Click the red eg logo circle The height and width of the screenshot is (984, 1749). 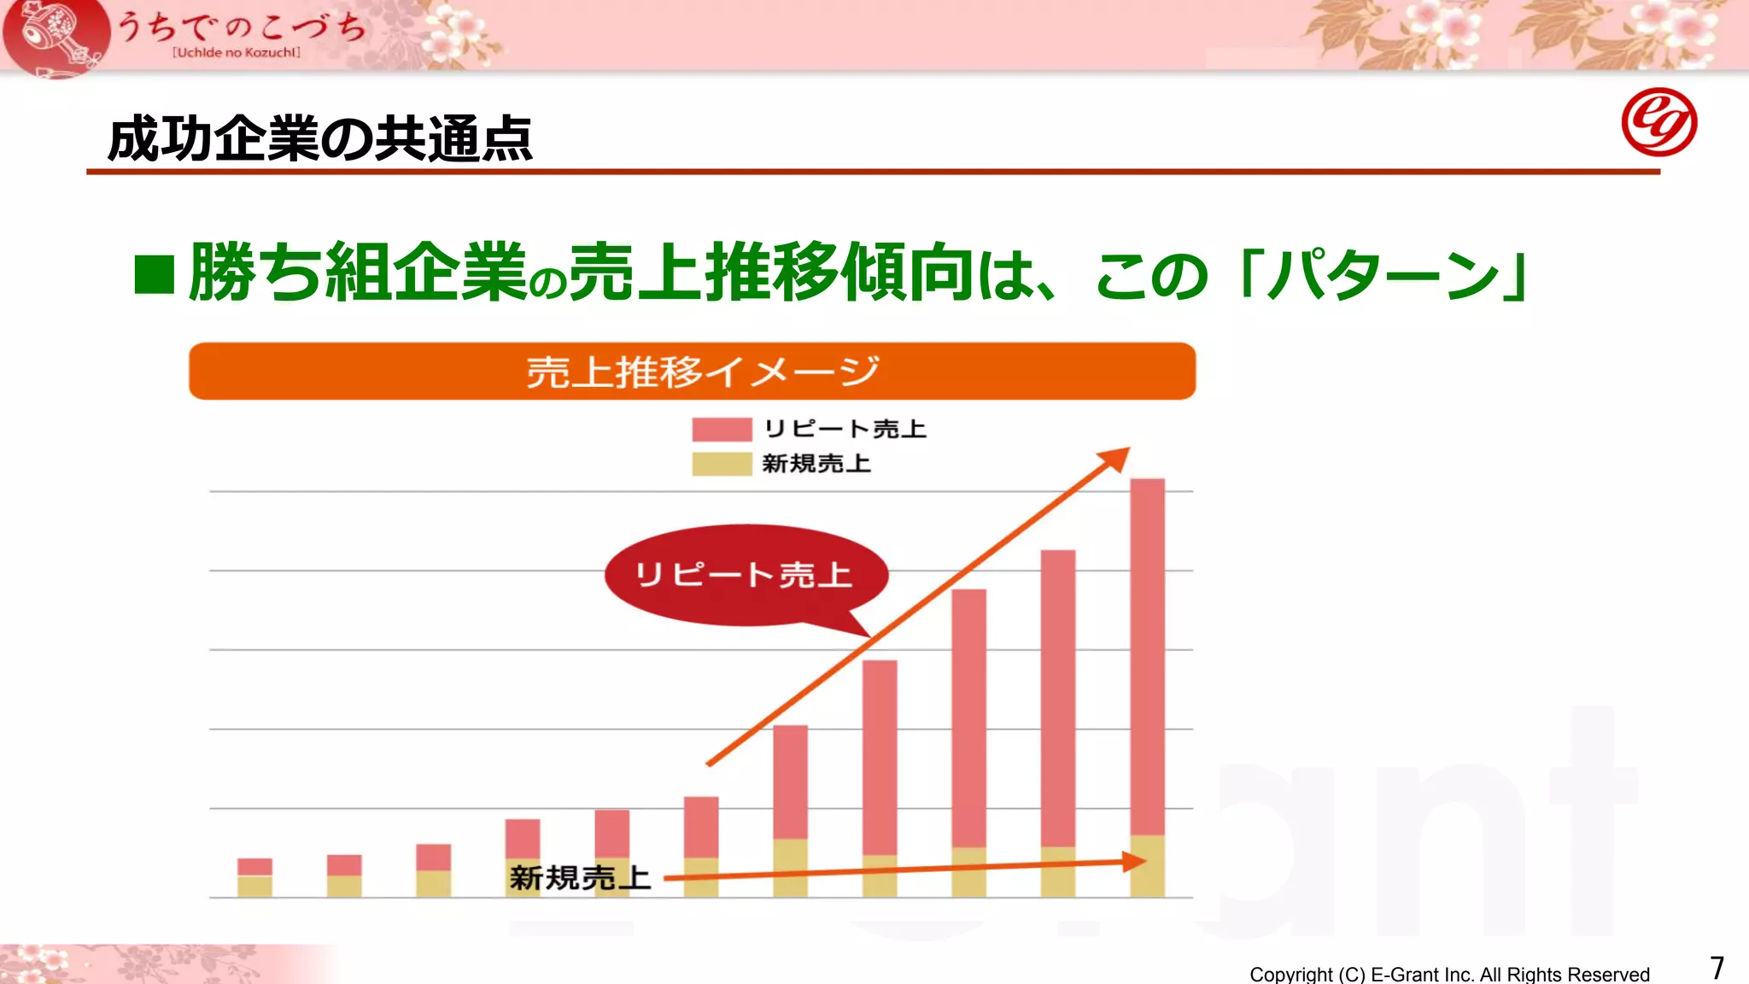pos(1658,122)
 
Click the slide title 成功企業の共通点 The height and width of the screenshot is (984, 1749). pos(320,138)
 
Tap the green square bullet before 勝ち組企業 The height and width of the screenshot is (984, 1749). pos(155,274)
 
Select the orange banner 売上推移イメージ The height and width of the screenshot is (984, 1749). pos(692,372)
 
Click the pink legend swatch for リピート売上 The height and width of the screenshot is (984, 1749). pos(722,429)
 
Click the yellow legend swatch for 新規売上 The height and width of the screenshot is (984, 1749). pos(722,464)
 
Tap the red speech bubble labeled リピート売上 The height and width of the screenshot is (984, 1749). pos(745,575)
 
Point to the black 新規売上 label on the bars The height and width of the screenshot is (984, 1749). pos(580,877)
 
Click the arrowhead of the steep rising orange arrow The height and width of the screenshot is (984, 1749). pos(1116,459)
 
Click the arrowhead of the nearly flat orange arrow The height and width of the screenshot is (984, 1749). pos(1135,862)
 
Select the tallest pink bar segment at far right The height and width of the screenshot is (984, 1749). pos(1147,656)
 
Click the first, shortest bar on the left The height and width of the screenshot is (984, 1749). pos(254,877)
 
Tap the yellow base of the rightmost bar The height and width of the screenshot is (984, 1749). pos(1147,866)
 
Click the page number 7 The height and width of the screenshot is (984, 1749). pos(1717,968)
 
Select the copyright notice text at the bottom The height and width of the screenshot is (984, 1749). pos(1449,974)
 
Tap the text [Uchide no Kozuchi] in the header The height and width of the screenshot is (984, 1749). pos(237,53)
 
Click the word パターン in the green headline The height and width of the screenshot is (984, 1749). pos(1384,275)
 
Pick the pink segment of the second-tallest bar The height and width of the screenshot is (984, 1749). pos(1058,698)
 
